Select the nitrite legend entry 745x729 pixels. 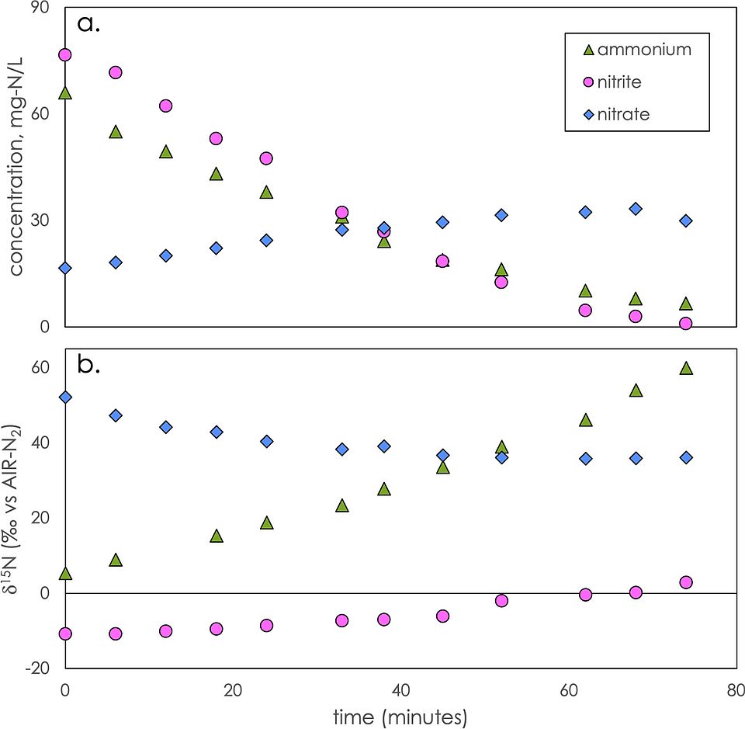pyautogui.click(x=621, y=82)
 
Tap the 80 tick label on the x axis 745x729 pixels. pyautogui.click(x=734, y=689)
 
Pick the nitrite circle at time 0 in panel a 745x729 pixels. pyautogui.click(x=65, y=55)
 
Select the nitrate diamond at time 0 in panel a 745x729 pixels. pyautogui.click(x=65, y=268)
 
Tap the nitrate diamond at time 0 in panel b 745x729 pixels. pyautogui.click(x=65, y=397)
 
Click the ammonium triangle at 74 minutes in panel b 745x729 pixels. pyautogui.click(x=685, y=368)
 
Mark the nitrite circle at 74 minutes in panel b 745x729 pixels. pyautogui.click(x=685, y=582)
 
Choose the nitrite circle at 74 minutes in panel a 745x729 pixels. pyautogui.click(x=685, y=323)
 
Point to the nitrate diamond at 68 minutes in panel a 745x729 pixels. pyautogui.click(x=635, y=209)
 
